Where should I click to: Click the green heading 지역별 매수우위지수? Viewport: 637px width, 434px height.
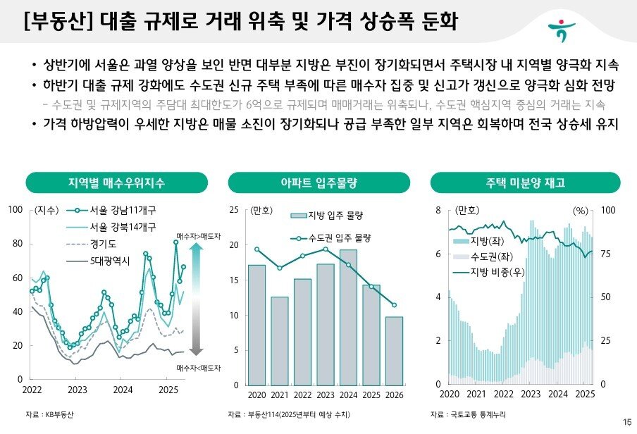point(116,183)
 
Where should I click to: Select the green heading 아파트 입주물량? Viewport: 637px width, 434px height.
point(318,183)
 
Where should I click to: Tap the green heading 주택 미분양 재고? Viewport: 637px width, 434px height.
point(525,183)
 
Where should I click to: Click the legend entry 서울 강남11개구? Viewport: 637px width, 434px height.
point(114,210)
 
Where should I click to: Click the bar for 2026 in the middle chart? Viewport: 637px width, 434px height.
point(394,351)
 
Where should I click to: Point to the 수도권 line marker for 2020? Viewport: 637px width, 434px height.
point(257,249)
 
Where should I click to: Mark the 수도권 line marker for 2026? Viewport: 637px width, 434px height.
point(394,305)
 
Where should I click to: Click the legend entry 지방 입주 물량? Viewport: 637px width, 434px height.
point(330,215)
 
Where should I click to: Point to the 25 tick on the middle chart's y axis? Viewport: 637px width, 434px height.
point(234,211)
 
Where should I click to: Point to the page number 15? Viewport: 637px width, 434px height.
point(627,422)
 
